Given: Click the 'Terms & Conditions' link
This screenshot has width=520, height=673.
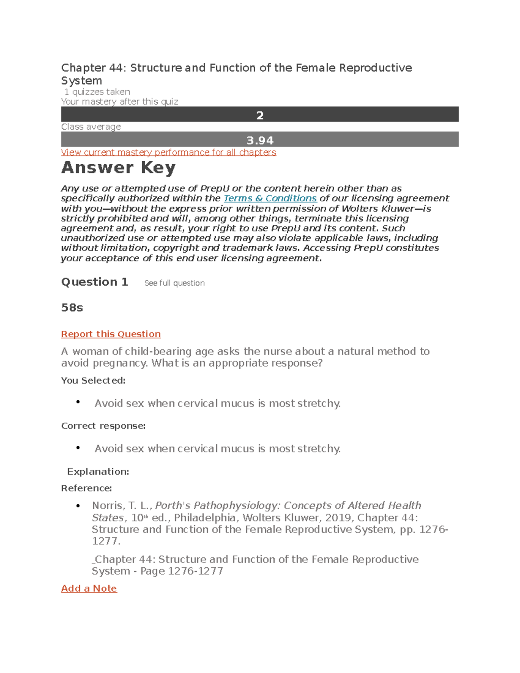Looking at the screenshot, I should click(270, 198).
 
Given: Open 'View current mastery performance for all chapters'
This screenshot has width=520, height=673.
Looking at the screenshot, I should click(168, 153).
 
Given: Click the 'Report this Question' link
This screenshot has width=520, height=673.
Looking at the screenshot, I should click(110, 334).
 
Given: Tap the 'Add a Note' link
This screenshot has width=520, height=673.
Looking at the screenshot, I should click(89, 588).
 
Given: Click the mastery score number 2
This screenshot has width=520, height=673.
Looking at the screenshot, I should click(260, 115).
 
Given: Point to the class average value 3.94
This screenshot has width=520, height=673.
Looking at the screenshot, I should click(260, 140).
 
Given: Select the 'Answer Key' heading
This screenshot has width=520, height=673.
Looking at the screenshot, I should click(118, 168).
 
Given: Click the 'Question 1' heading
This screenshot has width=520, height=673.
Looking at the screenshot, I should click(94, 282).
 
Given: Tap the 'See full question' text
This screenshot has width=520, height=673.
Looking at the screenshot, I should click(174, 283).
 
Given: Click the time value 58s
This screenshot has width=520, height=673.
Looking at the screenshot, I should click(72, 308).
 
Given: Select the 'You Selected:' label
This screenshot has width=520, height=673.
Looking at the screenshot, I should click(93, 380).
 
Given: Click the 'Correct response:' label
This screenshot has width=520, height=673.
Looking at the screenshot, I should click(103, 426).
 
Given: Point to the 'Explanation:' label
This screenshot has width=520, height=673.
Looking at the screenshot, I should click(98, 471).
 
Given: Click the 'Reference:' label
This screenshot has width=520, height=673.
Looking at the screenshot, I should click(86, 488).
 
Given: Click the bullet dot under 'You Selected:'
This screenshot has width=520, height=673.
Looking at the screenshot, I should click(78, 402).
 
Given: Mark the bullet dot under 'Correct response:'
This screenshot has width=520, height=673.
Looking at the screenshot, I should click(78, 448).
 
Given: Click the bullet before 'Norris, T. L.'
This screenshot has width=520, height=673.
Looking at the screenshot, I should click(78, 506).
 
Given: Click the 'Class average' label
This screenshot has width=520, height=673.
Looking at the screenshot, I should click(91, 127).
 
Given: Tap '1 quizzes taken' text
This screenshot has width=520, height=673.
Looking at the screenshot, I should click(97, 92).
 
